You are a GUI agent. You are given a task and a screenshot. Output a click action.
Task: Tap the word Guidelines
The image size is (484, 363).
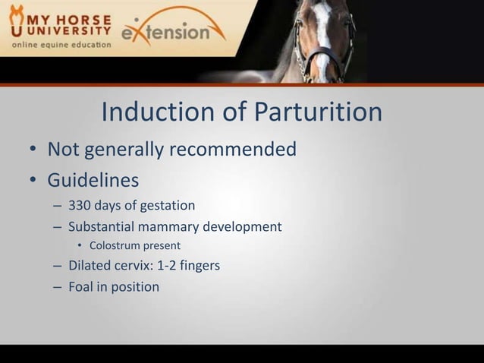click(x=93, y=181)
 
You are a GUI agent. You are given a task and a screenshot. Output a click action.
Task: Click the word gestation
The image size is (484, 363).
click(x=167, y=205)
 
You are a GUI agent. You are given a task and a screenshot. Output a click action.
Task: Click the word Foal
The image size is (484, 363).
click(x=82, y=287)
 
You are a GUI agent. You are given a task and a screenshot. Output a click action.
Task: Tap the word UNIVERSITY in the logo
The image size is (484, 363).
click(x=69, y=31)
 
